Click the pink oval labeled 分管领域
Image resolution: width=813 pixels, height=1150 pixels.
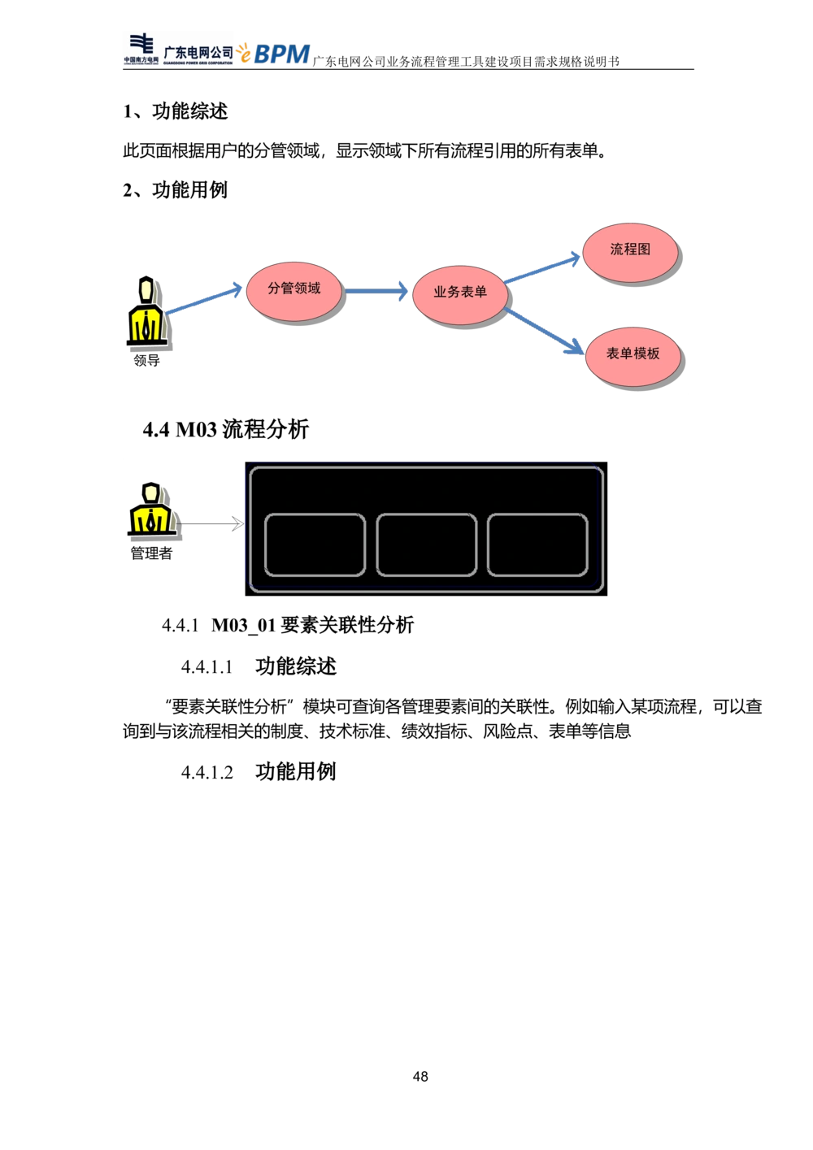click(293, 291)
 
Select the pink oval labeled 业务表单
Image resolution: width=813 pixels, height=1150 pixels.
click(459, 294)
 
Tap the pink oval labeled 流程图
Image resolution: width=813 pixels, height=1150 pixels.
click(629, 252)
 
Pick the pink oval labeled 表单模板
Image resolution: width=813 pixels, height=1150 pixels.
click(633, 356)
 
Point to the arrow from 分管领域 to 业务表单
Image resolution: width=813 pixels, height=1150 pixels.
click(376, 291)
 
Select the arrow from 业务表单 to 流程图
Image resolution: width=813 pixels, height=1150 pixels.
click(541, 268)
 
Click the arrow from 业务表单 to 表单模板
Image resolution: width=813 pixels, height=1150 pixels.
click(543, 331)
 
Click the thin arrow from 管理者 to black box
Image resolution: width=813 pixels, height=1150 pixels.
click(210, 523)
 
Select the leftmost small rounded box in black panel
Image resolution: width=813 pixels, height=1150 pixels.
click(315, 545)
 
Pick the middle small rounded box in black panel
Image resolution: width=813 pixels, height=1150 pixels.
click(426, 545)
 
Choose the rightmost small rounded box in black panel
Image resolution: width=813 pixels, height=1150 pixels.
click(537, 545)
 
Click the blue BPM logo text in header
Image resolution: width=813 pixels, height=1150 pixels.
click(281, 54)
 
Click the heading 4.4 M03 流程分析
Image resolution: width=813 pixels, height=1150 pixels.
click(226, 429)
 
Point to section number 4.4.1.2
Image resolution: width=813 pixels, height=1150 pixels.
click(207, 772)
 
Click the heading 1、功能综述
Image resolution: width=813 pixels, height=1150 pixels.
click(175, 111)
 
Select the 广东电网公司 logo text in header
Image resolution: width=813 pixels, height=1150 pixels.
click(198, 52)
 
